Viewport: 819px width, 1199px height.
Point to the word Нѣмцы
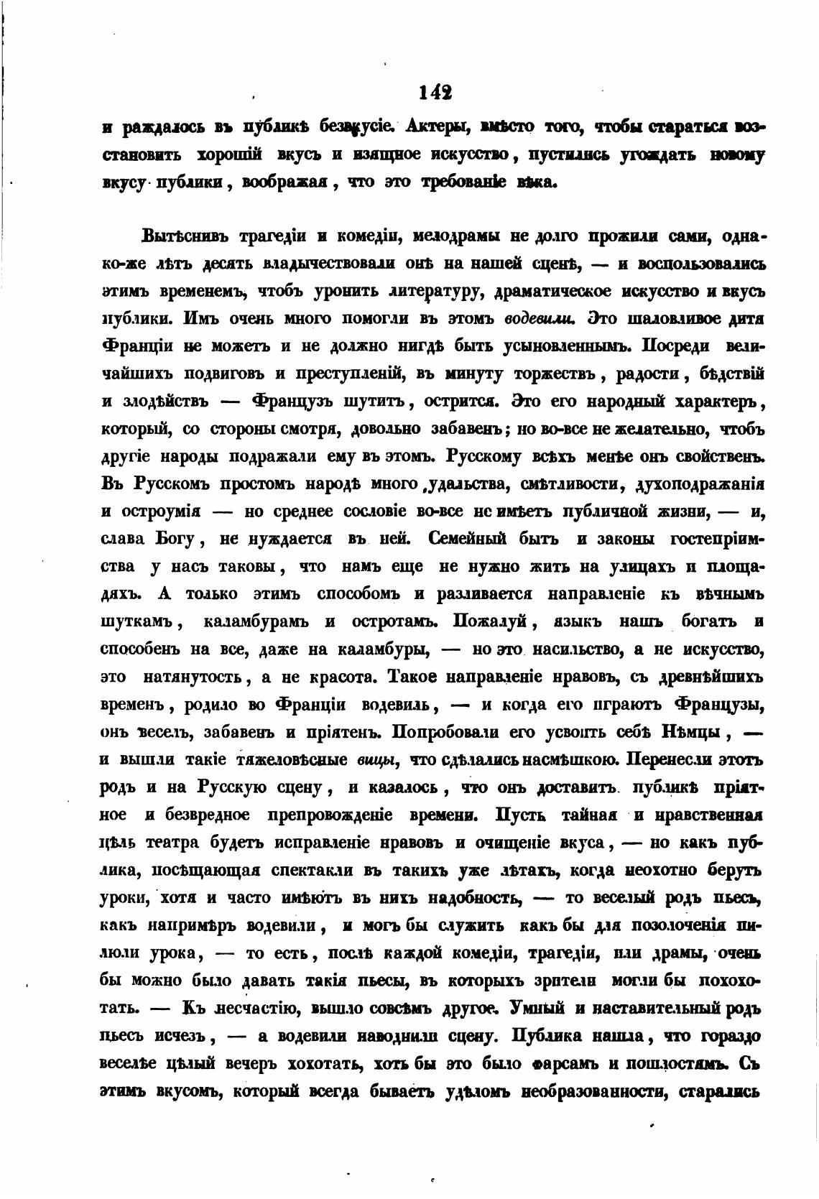tap(688, 731)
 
